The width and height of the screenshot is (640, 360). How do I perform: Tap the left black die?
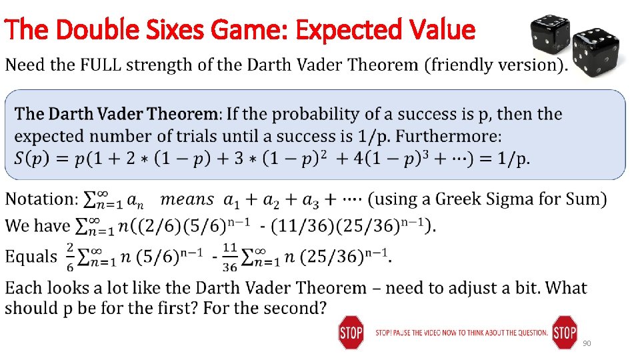(x=549, y=34)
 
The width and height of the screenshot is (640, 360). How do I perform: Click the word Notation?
(x=41, y=199)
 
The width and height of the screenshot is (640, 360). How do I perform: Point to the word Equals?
(x=31, y=257)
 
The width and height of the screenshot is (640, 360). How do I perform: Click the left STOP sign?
(x=351, y=332)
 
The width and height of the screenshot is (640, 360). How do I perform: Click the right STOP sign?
(x=565, y=332)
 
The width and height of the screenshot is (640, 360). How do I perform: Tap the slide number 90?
(x=587, y=343)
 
